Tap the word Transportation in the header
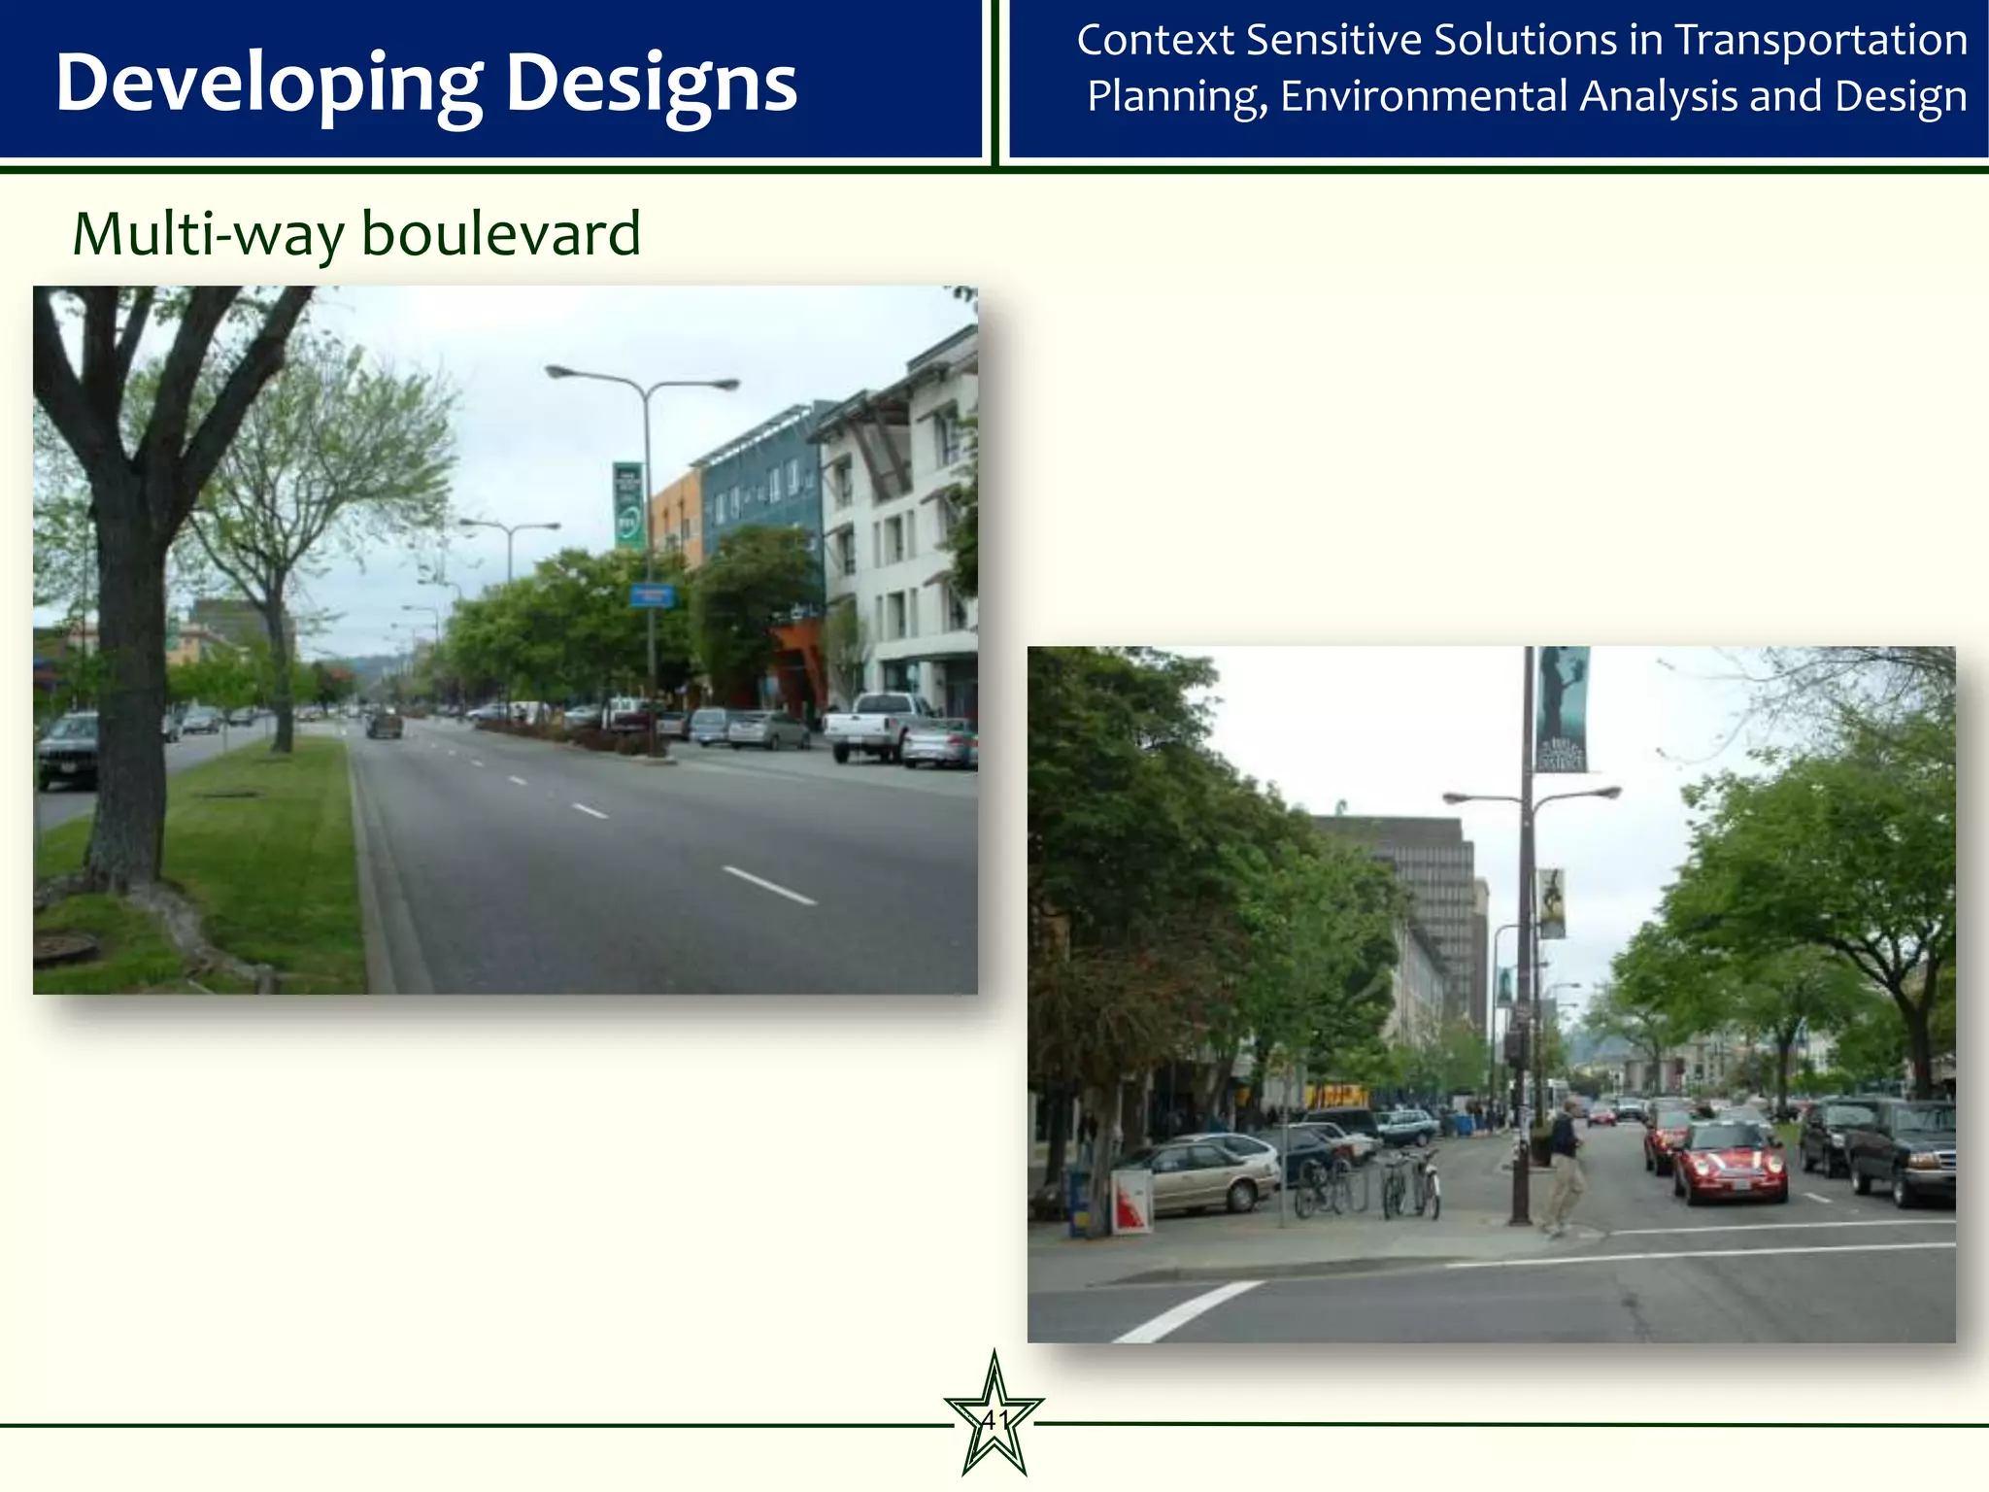1822,41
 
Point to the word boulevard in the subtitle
500,234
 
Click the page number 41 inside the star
994,1421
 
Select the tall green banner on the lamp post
627,504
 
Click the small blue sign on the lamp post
652,595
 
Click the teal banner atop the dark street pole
1563,709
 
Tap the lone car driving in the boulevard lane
385,723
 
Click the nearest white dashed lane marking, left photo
769,885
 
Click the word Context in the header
1154,41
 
